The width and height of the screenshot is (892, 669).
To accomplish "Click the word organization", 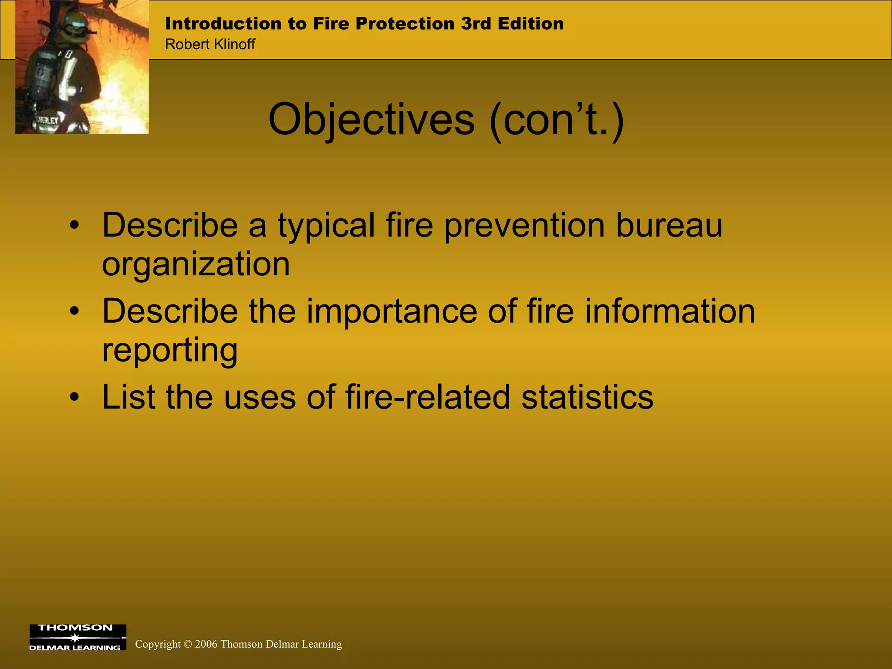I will coord(196,264).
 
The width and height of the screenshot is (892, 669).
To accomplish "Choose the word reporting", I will coord(170,350).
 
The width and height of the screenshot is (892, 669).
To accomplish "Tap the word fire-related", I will coord(427,397).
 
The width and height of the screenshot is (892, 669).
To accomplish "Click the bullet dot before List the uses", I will coord(75,397).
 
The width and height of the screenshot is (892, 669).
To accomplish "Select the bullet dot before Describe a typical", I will coord(75,225).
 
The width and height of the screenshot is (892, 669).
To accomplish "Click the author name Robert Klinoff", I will coord(210,44).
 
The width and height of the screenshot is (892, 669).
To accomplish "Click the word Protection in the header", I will coord(405,24).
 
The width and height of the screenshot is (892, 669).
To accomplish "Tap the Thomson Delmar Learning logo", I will coord(78,637).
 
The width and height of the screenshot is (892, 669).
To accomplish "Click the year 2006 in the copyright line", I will coord(206,644).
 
